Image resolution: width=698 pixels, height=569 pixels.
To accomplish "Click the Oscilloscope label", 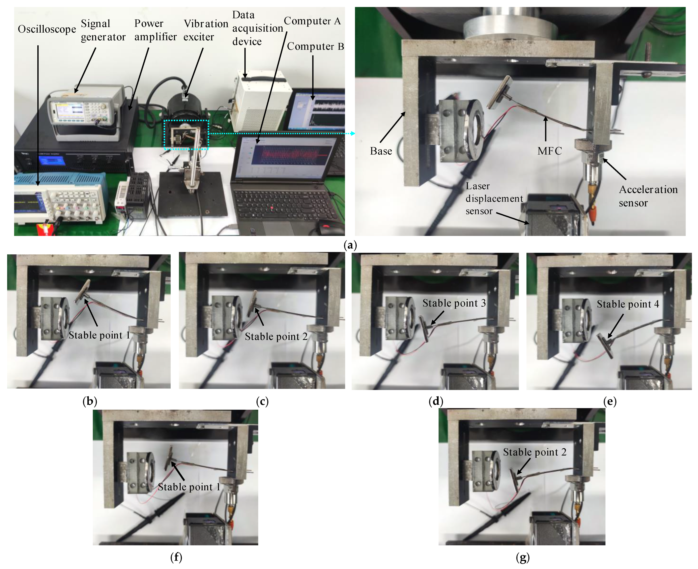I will pos(47,29).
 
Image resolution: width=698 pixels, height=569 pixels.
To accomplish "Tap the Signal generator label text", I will pos(103,30).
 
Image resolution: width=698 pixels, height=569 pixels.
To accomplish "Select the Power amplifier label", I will pos(155,30).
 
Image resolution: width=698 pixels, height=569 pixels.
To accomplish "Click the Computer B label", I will pos(315,47).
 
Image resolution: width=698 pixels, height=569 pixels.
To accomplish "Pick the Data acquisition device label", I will pos(257,28).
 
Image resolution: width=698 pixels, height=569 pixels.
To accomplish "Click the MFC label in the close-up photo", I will pos(549,151).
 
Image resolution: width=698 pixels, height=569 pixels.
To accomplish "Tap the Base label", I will pos(381,151).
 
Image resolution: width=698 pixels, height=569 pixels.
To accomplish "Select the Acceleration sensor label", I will pos(648,196).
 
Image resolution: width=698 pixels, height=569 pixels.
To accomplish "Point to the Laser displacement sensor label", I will pos(494,199).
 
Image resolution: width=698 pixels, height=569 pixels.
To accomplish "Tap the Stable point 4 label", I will pos(627,304).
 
